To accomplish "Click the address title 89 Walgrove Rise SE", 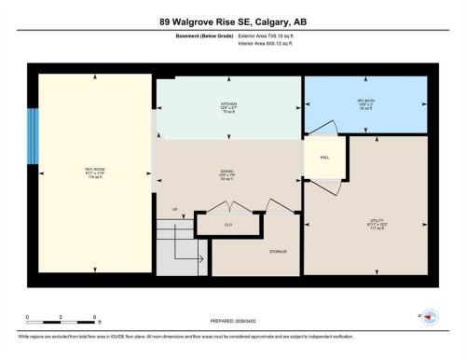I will point(232,21).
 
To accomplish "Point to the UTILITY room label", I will point(376,222).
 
